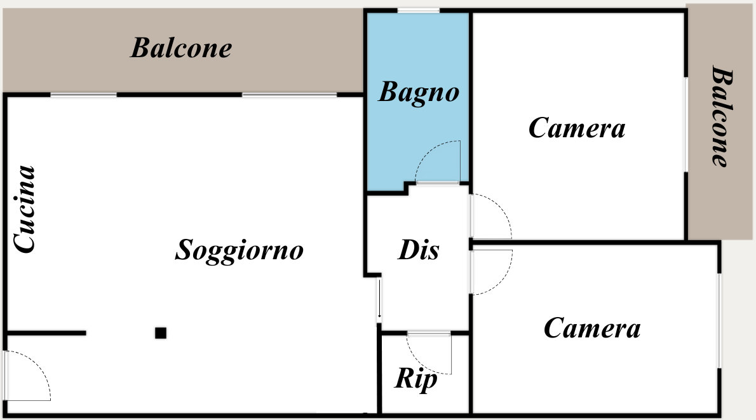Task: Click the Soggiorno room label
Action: click(239, 250)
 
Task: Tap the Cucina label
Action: click(25, 209)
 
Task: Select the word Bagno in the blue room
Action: click(419, 92)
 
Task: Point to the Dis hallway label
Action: click(419, 250)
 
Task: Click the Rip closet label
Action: click(416, 379)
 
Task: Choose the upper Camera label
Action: click(577, 128)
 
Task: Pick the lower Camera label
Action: click(592, 329)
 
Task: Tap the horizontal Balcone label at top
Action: click(181, 48)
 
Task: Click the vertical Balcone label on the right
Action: click(722, 116)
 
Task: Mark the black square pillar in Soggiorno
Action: click(161, 333)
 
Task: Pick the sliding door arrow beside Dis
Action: click(379, 299)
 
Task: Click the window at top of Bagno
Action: click(418, 11)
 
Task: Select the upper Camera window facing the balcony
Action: click(685, 124)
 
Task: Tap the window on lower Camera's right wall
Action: click(719, 321)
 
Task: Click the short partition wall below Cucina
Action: click(47, 333)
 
